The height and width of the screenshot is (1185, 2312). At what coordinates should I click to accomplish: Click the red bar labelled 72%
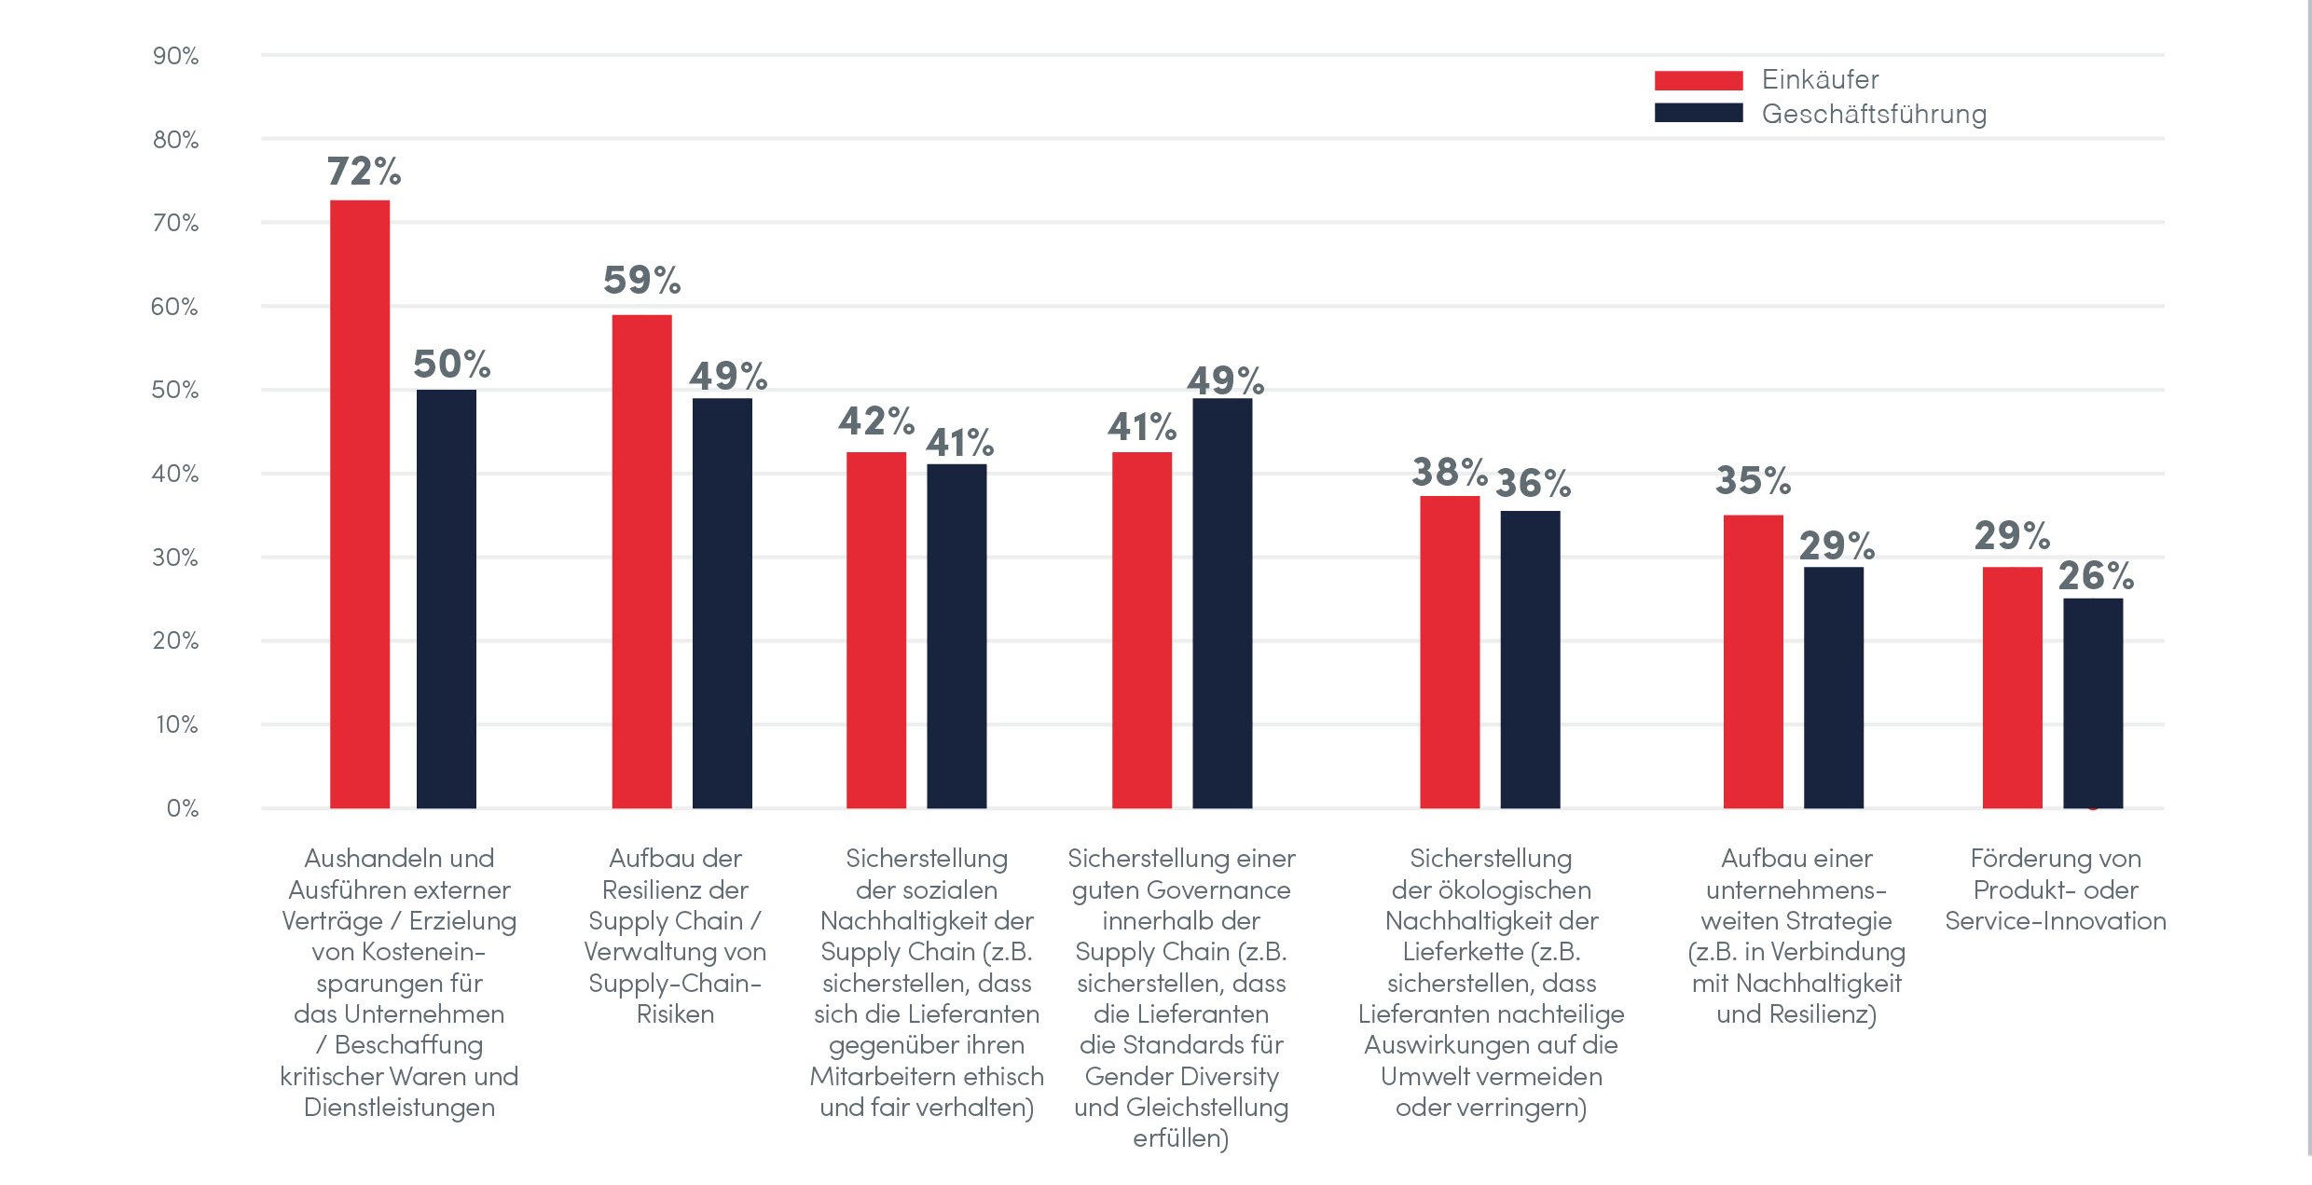coord(360,503)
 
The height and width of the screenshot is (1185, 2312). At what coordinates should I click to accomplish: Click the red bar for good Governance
coord(1142,630)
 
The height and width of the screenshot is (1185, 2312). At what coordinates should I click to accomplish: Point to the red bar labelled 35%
coord(1753,661)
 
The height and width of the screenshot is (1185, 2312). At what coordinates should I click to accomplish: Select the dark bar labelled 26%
coord(2093,703)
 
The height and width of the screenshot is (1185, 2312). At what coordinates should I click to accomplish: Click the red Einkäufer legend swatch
coord(1698,80)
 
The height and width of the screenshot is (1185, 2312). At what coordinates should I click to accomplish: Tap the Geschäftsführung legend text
coord(1874,114)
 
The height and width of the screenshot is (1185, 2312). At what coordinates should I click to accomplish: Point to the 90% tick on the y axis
coord(175,56)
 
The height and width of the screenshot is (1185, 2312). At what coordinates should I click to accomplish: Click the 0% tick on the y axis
coord(183,808)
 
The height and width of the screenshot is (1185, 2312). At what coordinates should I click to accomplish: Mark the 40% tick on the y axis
coord(175,474)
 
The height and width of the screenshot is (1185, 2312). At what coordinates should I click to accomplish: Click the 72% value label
coord(364,172)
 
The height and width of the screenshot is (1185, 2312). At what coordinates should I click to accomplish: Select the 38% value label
coord(1449,472)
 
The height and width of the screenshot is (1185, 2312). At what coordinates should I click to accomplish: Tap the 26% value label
coord(2096,575)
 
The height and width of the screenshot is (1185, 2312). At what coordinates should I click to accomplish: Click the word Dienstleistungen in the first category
coord(399,1108)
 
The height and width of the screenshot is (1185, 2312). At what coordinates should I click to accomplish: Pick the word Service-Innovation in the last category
coord(2056,921)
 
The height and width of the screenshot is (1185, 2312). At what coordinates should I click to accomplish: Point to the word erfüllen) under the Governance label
coord(1181,1138)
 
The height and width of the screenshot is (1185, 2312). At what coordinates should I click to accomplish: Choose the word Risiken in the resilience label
coord(675,1014)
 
